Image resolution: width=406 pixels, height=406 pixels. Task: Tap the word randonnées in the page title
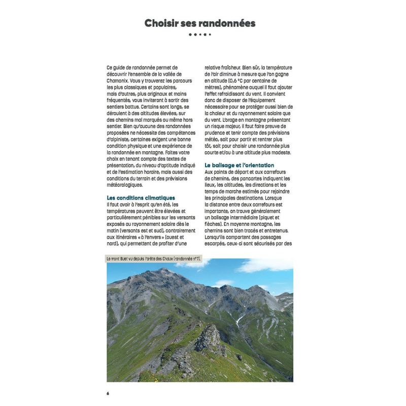pyautogui.click(x=227, y=23)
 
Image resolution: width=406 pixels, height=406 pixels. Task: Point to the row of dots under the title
pyautogui.click(x=199, y=35)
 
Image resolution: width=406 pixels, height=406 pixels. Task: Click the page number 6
pyautogui.click(x=108, y=393)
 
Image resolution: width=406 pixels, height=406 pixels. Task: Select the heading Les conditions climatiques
pyautogui.click(x=141, y=197)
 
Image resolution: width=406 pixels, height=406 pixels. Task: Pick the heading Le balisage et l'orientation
pyautogui.click(x=239, y=165)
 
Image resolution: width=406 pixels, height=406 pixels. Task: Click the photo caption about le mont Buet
pyautogui.click(x=153, y=259)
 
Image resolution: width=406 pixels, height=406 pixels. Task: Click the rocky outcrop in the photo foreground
pyautogui.click(x=209, y=339)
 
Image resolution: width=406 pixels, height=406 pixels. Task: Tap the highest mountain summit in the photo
pyautogui.click(x=163, y=270)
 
